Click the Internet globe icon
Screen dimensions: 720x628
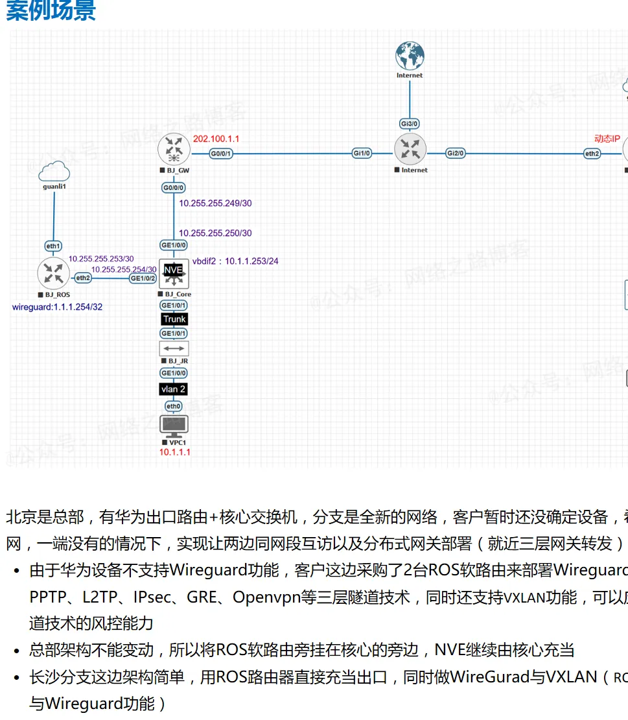coord(410,56)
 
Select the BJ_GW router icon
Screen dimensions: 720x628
coord(173,149)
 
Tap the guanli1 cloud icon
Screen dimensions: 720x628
coord(54,172)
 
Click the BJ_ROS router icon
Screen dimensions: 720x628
coord(53,273)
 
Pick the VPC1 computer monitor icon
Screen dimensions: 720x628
coord(173,426)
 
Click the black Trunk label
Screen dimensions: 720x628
coord(174,319)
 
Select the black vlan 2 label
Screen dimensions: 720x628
coord(174,389)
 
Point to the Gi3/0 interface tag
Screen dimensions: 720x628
coord(410,123)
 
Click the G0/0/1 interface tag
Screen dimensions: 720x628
coord(221,154)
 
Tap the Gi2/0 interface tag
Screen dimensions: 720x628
coord(456,154)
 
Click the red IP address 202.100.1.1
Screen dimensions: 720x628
coord(216,139)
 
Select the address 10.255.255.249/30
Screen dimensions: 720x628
coord(215,204)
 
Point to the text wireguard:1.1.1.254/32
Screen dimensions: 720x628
coord(57,307)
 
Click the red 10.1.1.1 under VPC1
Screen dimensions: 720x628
coord(175,452)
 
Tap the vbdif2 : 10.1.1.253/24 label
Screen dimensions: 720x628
coord(235,261)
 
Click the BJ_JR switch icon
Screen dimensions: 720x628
coord(173,348)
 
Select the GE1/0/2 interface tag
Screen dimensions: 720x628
coord(143,278)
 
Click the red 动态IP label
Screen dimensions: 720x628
coord(607,139)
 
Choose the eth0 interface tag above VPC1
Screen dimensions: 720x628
coord(173,407)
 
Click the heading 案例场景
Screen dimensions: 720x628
coord(51,11)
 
